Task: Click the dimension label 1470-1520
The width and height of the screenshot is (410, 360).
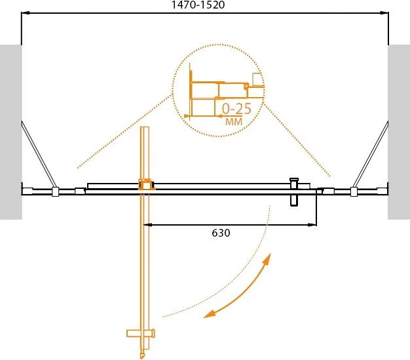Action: pos(198,5)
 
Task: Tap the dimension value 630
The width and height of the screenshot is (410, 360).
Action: pos(221,233)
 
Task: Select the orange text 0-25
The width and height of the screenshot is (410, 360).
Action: pos(236,109)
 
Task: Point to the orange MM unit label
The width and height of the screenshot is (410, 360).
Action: pos(234,121)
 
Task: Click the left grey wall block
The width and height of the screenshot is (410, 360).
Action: pos(10,132)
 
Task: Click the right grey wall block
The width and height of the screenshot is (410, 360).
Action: pos(399,132)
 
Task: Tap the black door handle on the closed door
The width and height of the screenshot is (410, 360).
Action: pos(294,192)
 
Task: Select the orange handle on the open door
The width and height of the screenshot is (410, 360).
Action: pos(141,333)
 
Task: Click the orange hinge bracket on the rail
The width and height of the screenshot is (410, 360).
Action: pos(146,184)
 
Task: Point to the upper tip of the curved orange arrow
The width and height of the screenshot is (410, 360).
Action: pos(270,253)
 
